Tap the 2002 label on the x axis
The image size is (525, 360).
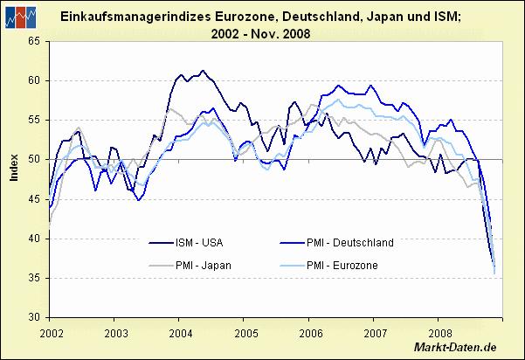point(52,333)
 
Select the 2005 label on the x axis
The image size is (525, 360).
point(245,333)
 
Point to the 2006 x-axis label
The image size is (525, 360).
point(310,333)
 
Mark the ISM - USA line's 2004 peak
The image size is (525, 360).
point(202,71)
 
